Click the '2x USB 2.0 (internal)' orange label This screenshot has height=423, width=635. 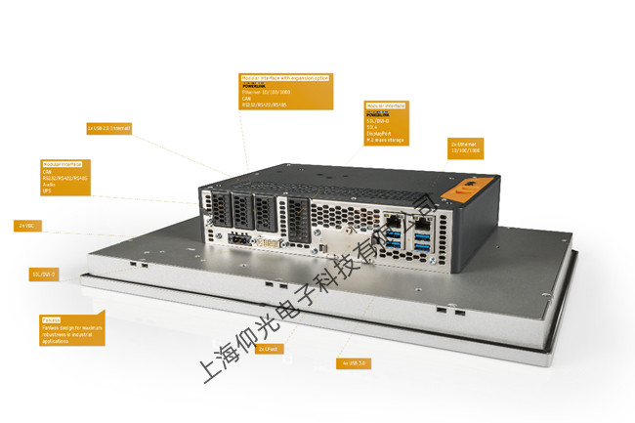108,128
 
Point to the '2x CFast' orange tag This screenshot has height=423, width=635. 267,349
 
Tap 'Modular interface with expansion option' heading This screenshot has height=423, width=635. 285,77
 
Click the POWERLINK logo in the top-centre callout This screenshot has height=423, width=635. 255,85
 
